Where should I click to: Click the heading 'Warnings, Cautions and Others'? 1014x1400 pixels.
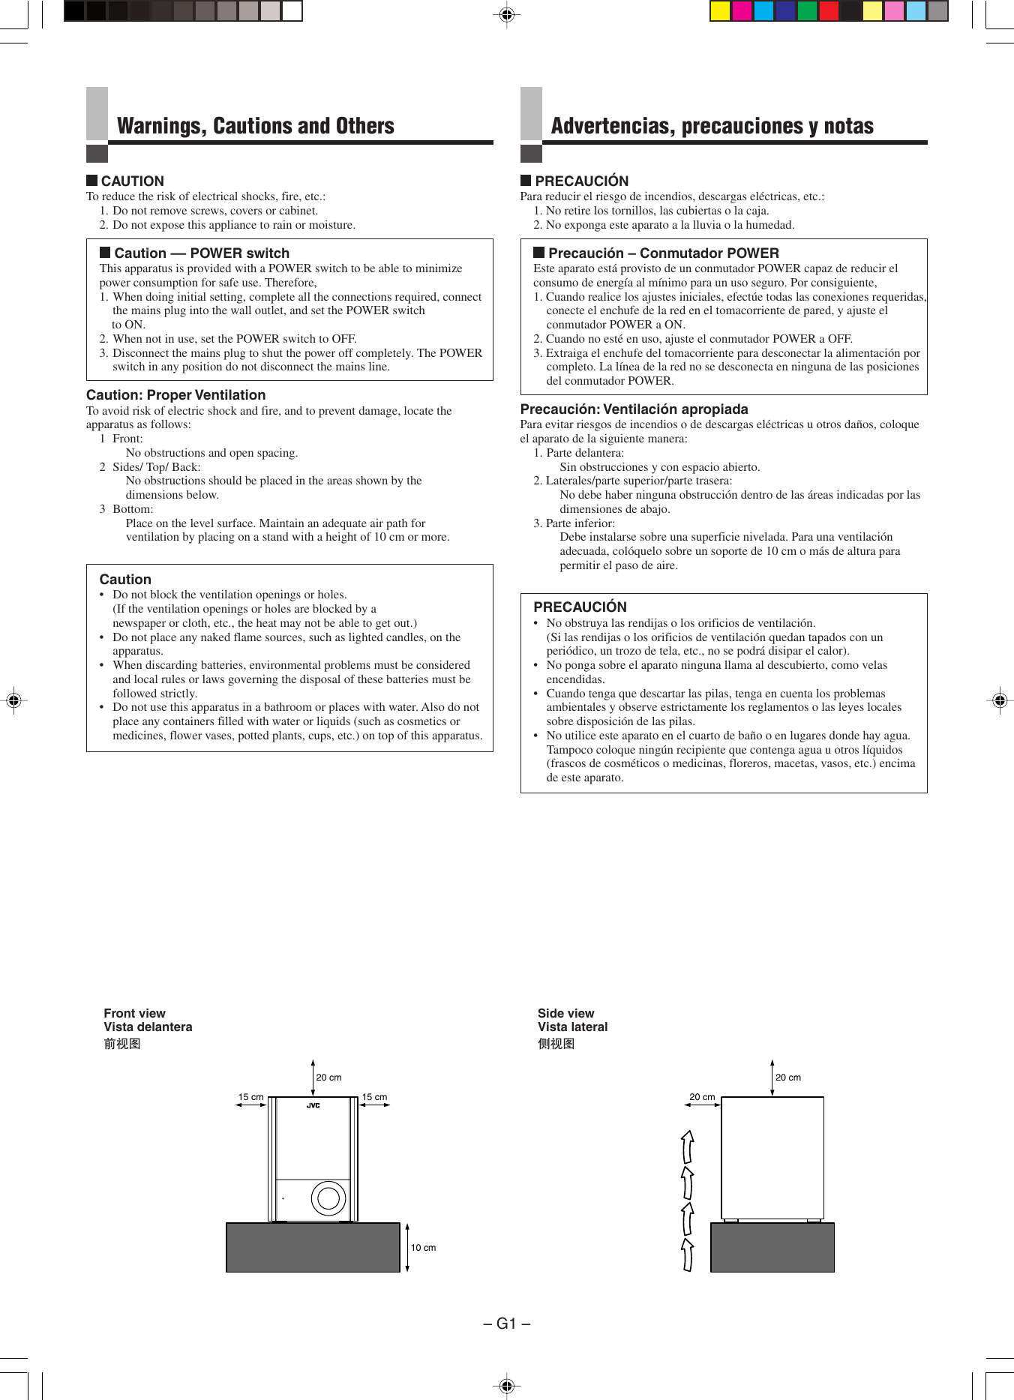point(255,126)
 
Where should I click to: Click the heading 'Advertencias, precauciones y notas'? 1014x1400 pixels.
point(712,126)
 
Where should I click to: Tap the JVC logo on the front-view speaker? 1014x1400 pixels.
point(313,1105)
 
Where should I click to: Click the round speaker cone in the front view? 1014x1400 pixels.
point(328,1198)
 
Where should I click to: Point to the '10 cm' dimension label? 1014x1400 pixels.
point(423,1248)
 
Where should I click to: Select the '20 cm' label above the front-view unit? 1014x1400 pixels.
point(328,1078)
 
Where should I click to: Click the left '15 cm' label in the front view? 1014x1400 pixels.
point(250,1097)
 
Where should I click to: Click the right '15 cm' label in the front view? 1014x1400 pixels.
point(374,1097)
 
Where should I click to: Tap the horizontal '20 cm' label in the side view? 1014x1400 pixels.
point(702,1097)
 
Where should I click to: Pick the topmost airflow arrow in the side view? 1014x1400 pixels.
point(687,1146)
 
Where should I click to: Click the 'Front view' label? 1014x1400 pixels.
point(134,1013)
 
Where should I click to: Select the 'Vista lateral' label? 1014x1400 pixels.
point(572,1027)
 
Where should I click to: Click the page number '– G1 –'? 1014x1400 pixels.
point(506,1324)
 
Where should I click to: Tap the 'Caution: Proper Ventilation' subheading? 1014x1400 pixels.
point(175,395)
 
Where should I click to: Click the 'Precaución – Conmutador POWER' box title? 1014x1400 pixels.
point(663,253)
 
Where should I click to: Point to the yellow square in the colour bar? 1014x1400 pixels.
point(720,10)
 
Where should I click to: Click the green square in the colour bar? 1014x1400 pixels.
point(807,10)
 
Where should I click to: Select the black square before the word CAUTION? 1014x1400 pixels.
point(91,180)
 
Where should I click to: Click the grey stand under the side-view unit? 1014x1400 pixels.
point(772,1247)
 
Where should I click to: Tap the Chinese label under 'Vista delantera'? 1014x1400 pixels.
point(122,1044)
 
